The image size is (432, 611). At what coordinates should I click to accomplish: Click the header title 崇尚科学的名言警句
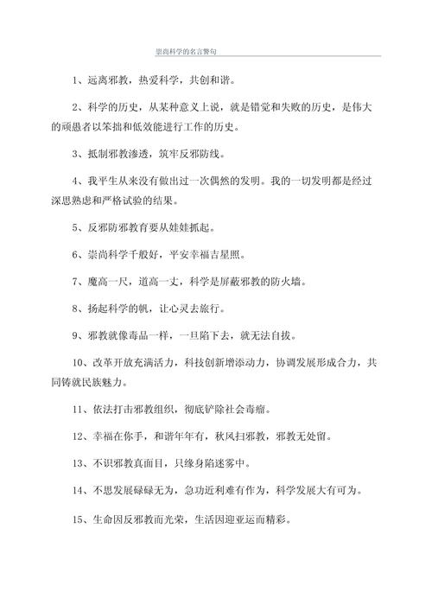pyautogui.click(x=186, y=51)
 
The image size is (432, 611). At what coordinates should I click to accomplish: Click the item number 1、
pyautogui.click(x=78, y=80)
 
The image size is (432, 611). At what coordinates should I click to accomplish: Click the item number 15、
pyautogui.click(x=81, y=520)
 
